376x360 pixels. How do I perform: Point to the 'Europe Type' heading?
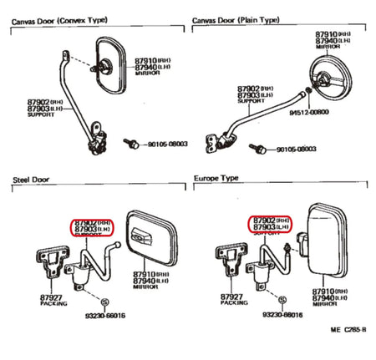pyautogui.click(x=216, y=179)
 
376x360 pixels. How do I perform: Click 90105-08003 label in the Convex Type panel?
pyautogui.click(x=168, y=144)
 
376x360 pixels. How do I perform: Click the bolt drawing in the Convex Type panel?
pyautogui.click(x=131, y=144)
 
